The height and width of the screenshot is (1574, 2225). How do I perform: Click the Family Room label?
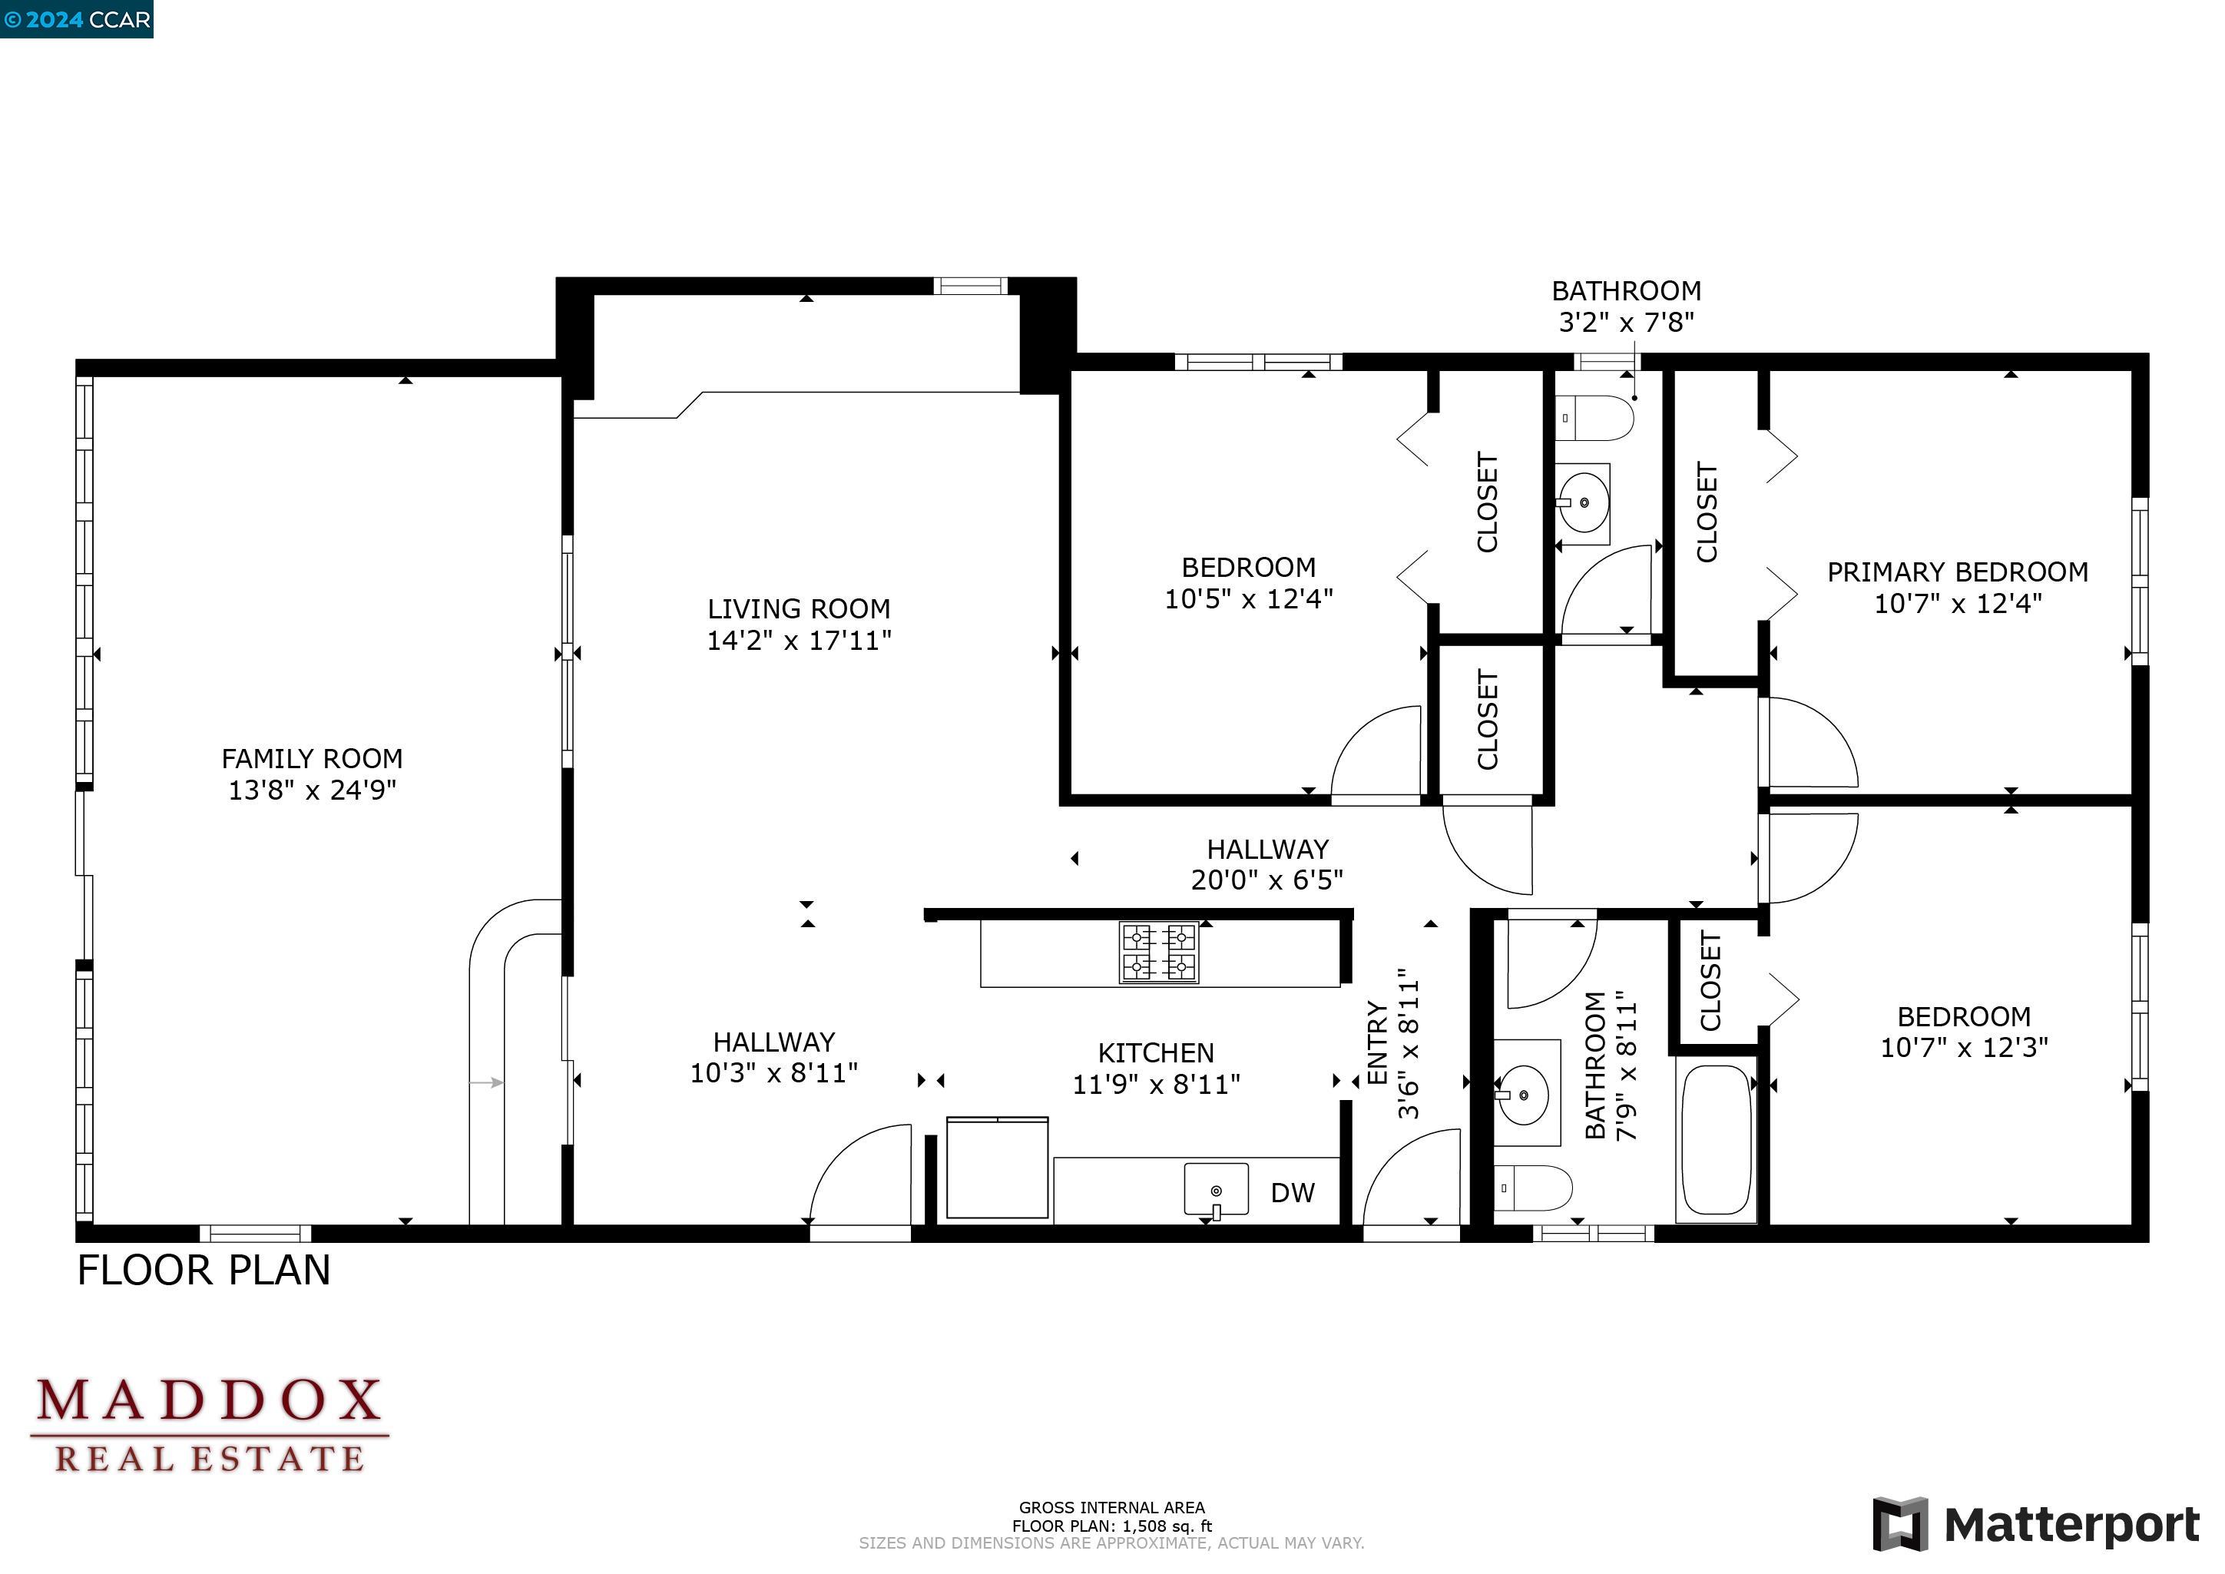(312, 759)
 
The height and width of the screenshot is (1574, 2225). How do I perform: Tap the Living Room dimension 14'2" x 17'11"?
(799, 641)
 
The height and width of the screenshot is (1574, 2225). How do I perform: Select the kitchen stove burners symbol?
(1158, 953)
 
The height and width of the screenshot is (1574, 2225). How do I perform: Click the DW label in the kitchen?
(1292, 1194)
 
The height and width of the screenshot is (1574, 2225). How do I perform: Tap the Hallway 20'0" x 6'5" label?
(1266, 864)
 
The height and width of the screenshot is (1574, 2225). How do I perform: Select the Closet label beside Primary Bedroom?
(1707, 512)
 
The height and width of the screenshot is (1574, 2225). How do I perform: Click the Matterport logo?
(2035, 1525)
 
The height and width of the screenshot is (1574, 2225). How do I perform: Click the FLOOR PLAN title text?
(204, 1271)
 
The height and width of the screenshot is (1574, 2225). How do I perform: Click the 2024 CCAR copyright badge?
(77, 19)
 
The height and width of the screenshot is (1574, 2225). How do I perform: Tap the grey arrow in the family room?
(485, 1082)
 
